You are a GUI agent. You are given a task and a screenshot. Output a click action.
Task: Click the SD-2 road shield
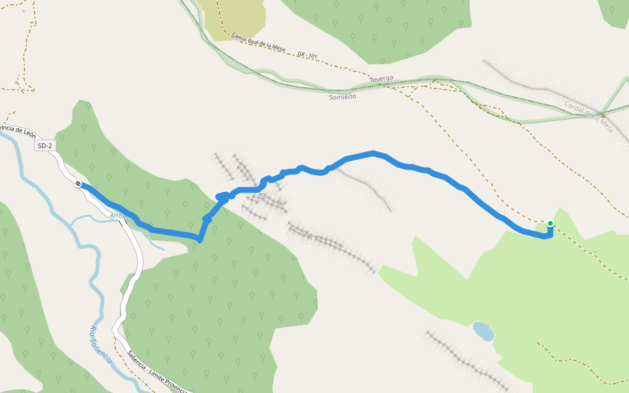point(45,146)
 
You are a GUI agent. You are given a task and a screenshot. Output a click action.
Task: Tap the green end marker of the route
point(550,224)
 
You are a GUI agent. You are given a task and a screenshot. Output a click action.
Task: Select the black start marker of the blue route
point(79,184)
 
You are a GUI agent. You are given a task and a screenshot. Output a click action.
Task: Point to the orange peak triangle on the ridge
point(603,115)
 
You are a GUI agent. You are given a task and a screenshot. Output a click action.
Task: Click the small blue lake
point(484,331)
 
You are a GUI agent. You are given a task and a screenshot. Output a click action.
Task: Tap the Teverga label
point(381,79)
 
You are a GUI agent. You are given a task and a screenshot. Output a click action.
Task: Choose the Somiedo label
point(342,96)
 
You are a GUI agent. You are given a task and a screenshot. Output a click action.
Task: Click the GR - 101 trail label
point(307,56)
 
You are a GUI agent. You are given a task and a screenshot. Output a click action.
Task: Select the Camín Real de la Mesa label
point(260,45)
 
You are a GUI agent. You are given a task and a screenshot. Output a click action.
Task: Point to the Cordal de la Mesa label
point(589,117)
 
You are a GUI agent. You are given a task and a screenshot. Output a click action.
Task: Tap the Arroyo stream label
point(119,216)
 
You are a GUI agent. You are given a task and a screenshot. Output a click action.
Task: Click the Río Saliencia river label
point(100,345)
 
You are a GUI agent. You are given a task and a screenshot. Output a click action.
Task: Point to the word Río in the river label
point(93,331)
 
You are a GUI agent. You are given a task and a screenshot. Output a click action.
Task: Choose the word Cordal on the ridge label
point(573,109)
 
